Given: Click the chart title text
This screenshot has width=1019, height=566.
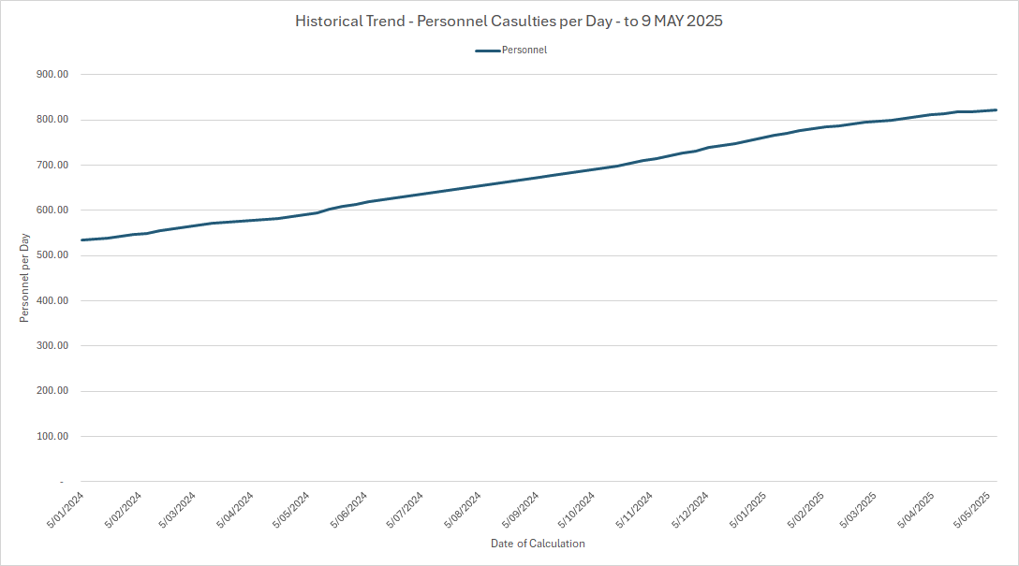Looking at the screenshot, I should pos(509,21).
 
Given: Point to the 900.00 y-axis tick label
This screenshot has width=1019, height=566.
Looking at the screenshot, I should pos(52,75).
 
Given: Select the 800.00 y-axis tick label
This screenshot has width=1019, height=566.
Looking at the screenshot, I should pos(52,120).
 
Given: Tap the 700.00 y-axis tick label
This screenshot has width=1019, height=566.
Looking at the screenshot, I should pos(52,166).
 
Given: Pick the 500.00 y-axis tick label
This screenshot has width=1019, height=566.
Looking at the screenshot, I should pos(52,255).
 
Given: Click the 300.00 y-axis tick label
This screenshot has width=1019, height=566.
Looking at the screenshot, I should pos(52,346).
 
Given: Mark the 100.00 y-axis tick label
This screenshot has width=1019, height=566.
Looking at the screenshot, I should pos(52,437).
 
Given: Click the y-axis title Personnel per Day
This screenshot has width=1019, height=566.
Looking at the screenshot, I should pos(25,278).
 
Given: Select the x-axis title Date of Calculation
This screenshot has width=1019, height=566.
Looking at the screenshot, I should pos(538,544).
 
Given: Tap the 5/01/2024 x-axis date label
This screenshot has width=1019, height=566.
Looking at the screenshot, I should pos(66,510).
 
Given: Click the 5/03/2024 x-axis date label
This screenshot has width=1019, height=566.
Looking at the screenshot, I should pos(180,510).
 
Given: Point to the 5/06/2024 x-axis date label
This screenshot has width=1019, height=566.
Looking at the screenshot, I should pos(350,510).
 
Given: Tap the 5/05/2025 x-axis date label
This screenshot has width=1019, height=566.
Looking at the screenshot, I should pos(975,510).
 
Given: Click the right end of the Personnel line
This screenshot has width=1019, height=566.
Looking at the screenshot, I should pos(995,110).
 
